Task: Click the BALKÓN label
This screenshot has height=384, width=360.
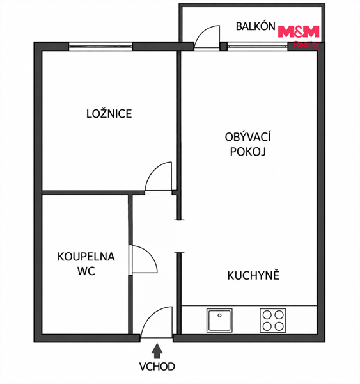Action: coord(255,26)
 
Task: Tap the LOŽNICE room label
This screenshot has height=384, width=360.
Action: coord(109,114)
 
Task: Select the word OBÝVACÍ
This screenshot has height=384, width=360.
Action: coord(247,137)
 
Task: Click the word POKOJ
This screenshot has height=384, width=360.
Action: coord(247,152)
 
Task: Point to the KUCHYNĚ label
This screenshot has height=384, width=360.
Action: coord(253,275)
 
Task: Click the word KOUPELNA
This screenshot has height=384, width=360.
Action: coord(86,257)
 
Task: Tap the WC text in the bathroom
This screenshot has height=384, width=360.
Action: coord(86,271)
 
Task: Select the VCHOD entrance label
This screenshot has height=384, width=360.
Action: coord(157,366)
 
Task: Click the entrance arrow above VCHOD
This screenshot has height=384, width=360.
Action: coord(157,351)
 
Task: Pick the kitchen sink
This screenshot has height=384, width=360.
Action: coord(219,321)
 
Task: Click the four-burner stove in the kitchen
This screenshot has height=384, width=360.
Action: coord(272,321)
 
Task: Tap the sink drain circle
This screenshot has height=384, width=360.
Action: coord(219,316)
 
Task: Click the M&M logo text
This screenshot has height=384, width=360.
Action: coord(299,31)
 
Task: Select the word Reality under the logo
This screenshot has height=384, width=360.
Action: coord(306,44)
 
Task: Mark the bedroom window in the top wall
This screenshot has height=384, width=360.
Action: coord(100,46)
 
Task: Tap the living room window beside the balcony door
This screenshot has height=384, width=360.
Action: coord(257,46)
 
